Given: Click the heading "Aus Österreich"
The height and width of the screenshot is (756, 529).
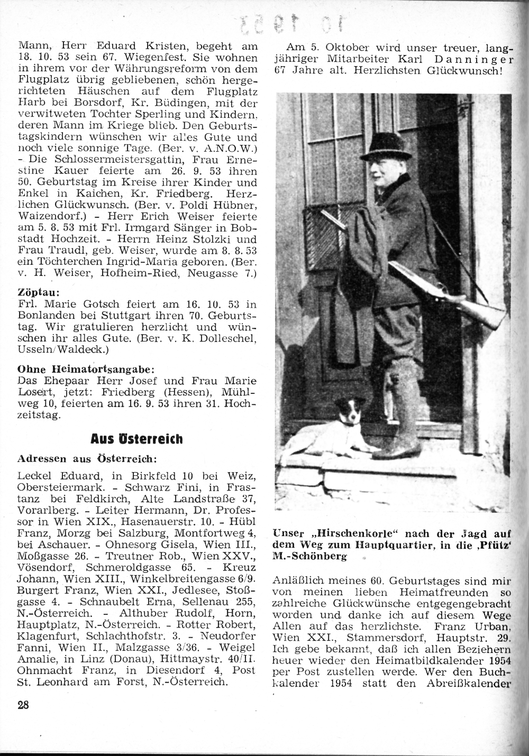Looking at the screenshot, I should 136,439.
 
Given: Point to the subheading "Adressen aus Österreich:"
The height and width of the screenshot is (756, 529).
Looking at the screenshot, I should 87,457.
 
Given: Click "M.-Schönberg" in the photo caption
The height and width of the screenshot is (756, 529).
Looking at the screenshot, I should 309,557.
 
